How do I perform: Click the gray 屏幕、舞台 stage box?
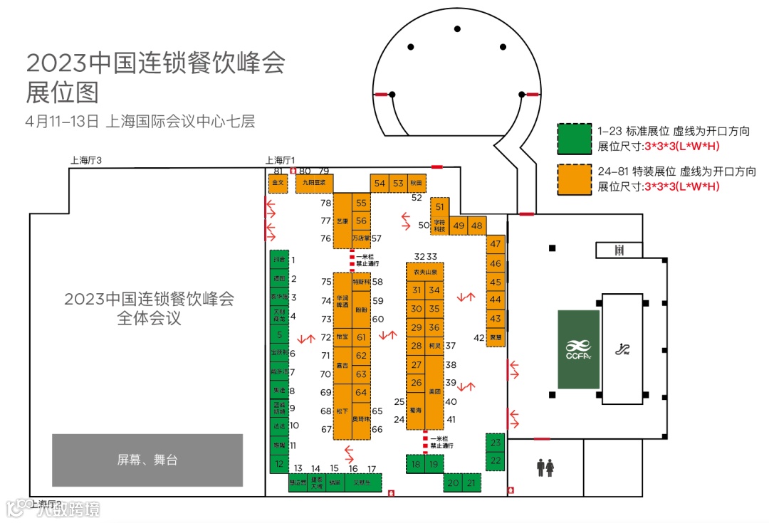pos(147,460)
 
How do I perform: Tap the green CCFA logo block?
pos(578,349)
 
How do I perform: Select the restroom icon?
pos(545,467)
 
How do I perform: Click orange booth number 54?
pos(380,184)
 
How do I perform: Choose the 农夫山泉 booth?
pos(425,273)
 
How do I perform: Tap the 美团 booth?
pos(435,392)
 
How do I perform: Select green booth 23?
pos(496,443)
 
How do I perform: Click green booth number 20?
pos(452,483)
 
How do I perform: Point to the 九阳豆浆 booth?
pos(314,182)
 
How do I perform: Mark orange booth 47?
pos(496,244)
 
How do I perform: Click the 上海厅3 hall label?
pos(86,161)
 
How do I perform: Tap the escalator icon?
pos(622,349)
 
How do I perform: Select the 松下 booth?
pos(342,411)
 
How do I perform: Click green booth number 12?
pos(278,463)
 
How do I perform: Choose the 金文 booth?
pos(277,182)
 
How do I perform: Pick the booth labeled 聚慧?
pos(496,337)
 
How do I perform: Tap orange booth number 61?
pos(361,337)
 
